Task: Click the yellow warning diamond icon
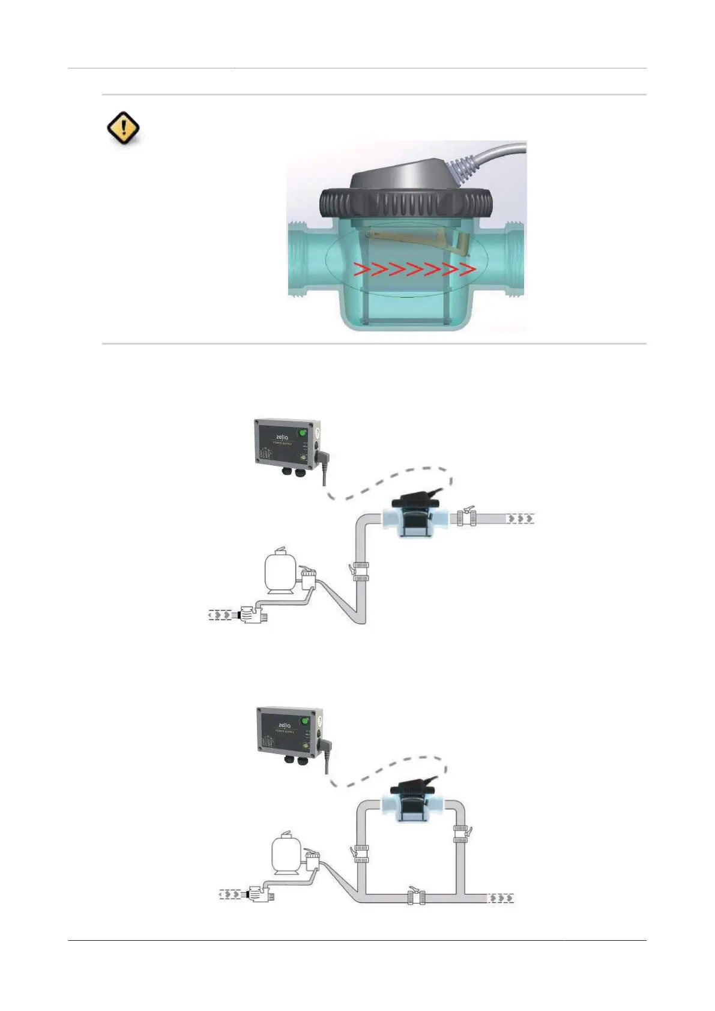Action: click(x=123, y=128)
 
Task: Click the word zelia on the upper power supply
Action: click(x=282, y=437)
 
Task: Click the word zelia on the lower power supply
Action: click(x=285, y=725)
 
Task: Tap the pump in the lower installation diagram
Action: click(x=259, y=895)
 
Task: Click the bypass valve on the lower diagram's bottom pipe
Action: click(x=415, y=897)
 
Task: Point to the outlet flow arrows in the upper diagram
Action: click(x=520, y=518)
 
